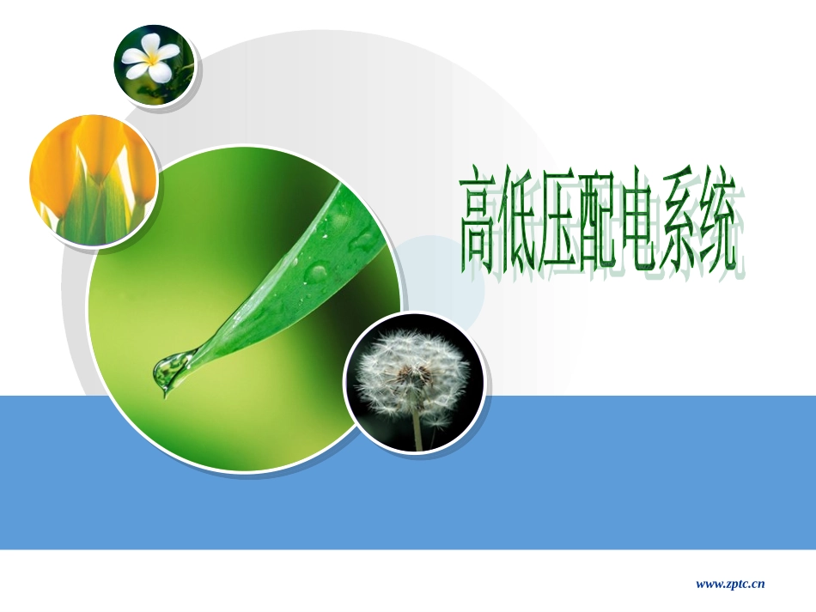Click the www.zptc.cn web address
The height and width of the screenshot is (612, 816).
pyautogui.click(x=729, y=585)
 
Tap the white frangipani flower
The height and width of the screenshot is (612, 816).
pyautogui.click(x=151, y=58)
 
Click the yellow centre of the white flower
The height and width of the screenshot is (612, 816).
pyautogui.click(x=154, y=59)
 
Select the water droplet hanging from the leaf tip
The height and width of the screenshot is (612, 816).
pyautogui.click(x=168, y=372)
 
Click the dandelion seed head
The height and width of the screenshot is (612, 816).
pyautogui.click(x=411, y=375)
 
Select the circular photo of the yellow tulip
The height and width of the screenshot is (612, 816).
pyautogui.click(x=93, y=181)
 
